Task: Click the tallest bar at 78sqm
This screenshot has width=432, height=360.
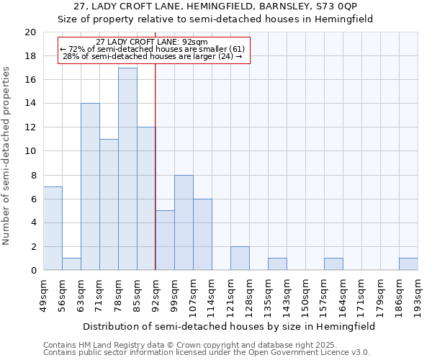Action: pyautogui.click(x=127, y=169)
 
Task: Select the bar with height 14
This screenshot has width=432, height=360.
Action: pyautogui.click(x=90, y=187)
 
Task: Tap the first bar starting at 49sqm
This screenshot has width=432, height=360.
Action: pyautogui.click(x=53, y=228)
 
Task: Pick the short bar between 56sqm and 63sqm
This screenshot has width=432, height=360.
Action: pyautogui.click(x=71, y=264)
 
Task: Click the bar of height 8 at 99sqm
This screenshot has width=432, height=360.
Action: pyautogui.click(x=184, y=222)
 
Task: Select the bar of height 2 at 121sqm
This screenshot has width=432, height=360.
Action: pyautogui.click(x=240, y=258)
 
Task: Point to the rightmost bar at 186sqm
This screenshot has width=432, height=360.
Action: pyautogui.click(x=408, y=264)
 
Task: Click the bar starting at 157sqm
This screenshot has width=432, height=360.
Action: pyautogui.click(x=333, y=264)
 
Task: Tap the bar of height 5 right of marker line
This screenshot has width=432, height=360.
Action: pyautogui.click(x=165, y=240)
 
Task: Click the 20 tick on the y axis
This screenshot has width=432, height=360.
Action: pyautogui.click(x=30, y=32)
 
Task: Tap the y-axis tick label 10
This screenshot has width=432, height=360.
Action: pyautogui.click(x=30, y=151)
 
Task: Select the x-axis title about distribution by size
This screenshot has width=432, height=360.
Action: pyautogui.click(x=229, y=326)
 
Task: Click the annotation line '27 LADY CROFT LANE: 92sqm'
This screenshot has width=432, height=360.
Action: pyautogui.click(x=152, y=42)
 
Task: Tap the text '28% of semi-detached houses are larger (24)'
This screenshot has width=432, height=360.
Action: pyautogui.click(x=152, y=56)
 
